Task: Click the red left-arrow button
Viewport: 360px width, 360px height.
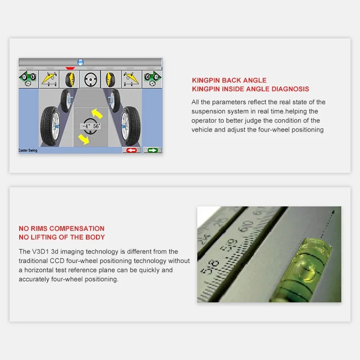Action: [x=131, y=150]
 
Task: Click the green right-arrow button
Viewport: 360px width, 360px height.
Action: [x=153, y=150]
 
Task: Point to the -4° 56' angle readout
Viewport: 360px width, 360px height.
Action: [x=91, y=127]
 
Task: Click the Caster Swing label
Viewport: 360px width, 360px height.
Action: [x=28, y=150]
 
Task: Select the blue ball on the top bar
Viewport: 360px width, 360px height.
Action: [x=80, y=62]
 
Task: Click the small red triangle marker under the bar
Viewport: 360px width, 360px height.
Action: [x=70, y=69]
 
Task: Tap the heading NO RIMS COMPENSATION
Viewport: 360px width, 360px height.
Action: [x=61, y=228]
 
